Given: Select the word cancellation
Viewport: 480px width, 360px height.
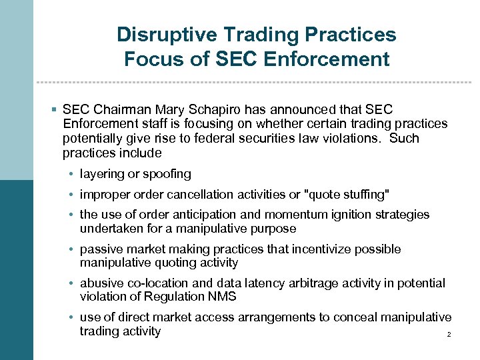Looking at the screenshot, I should pyautogui.click(x=191, y=195).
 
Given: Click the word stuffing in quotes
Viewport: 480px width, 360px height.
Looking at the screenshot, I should pyautogui.click(x=364, y=195).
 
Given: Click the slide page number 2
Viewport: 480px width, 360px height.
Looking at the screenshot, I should pyautogui.click(x=449, y=334).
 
